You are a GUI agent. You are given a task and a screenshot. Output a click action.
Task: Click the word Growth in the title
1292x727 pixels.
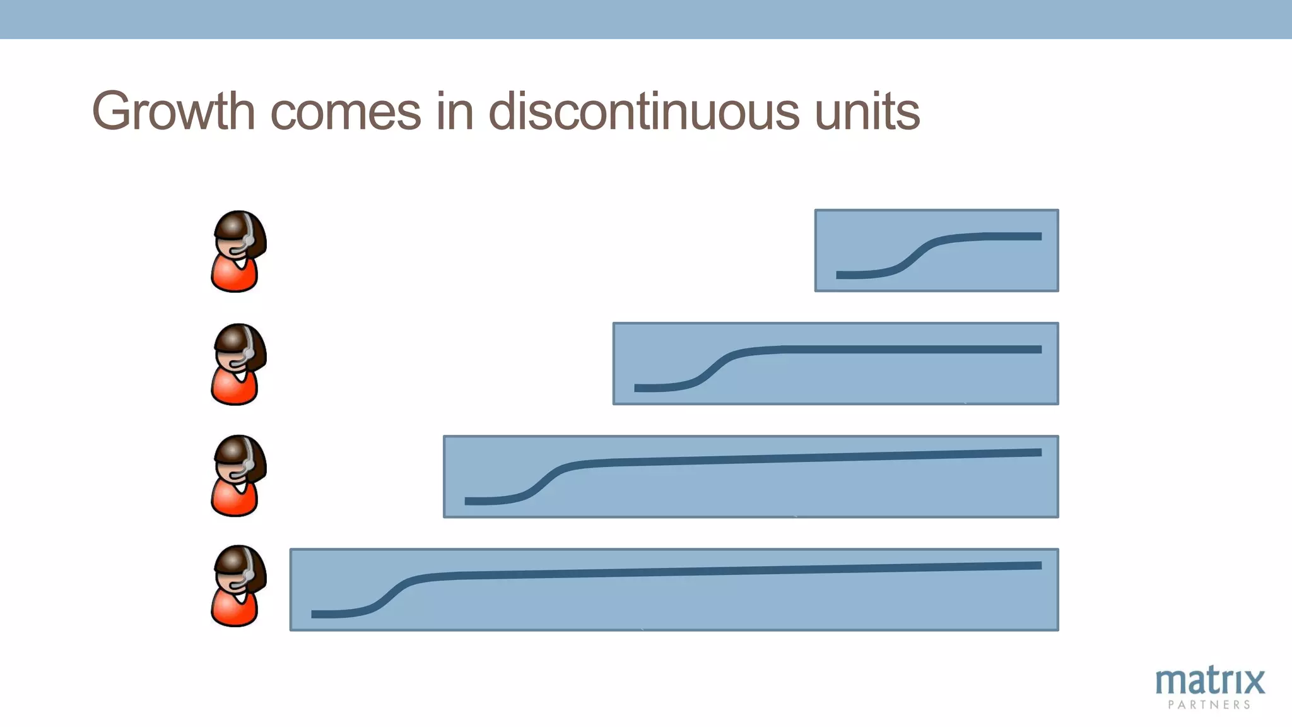pos(173,112)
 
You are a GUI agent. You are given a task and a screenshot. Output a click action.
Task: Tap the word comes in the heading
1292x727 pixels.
pos(346,112)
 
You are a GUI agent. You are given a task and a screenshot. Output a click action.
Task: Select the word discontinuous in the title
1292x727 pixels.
pos(643,112)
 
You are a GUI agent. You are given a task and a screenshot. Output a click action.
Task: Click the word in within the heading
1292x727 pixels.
pos(454,112)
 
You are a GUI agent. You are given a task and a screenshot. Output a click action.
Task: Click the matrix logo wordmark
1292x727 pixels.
pos(1210,682)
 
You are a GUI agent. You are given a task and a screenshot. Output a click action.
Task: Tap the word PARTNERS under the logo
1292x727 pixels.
pos(1209,705)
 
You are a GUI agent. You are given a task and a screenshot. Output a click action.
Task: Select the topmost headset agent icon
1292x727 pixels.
pos(238,251)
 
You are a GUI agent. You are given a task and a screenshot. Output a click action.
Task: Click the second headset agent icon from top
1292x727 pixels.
pos(238,364)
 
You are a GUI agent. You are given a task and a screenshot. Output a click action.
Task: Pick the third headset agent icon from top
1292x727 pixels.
pos(238,476)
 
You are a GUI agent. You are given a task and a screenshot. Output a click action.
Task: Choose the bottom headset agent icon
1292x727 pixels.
pos(238,586)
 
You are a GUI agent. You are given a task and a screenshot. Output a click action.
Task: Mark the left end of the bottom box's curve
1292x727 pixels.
pos(314,614)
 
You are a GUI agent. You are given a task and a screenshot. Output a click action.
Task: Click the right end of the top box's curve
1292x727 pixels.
pos(1039,237)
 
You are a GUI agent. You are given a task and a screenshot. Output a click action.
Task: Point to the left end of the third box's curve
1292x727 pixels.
pos(467,501)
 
